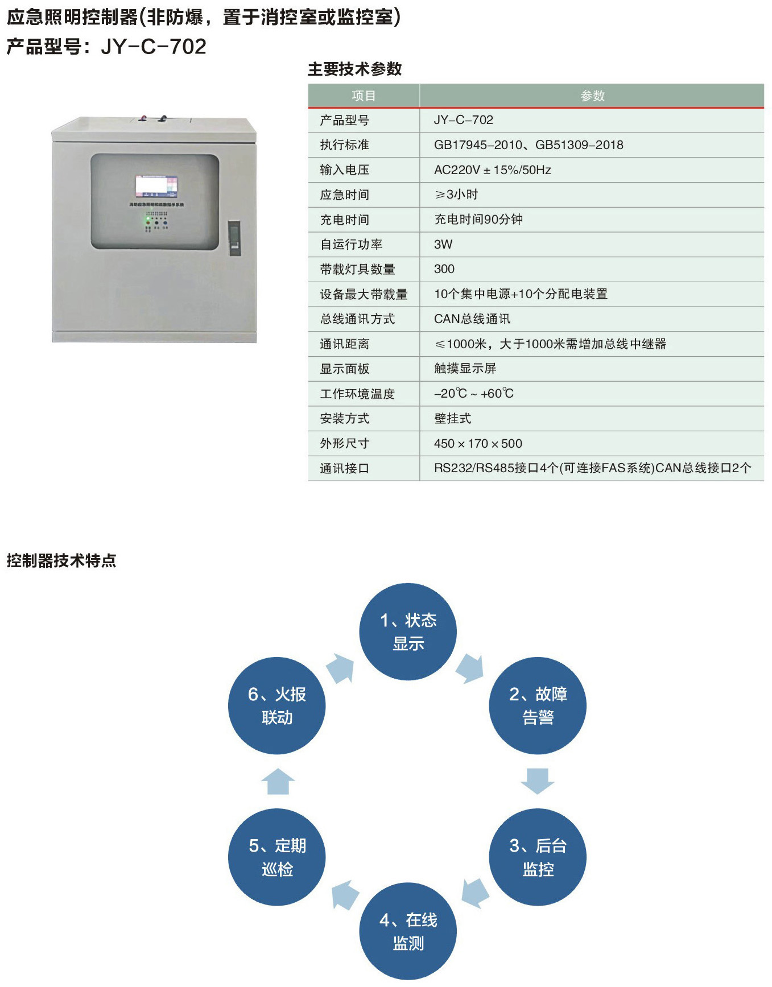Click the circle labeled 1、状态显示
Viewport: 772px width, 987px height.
408,631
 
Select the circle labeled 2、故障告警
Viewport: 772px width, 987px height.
538,705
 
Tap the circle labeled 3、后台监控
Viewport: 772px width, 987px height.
538,857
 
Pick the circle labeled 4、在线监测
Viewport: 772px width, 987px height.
408,931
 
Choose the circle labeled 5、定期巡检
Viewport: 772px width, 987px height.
277,857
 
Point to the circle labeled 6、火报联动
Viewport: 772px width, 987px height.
277,705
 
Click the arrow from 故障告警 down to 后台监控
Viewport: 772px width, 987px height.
538,781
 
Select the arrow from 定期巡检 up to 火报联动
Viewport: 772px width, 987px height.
278,781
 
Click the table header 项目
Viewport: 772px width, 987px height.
364,96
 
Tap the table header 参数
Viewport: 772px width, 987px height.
592,96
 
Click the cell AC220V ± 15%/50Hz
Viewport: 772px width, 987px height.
492,170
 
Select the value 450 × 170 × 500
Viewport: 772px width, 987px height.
478,443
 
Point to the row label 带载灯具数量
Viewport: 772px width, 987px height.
357,269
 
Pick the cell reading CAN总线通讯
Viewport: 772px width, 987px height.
472,319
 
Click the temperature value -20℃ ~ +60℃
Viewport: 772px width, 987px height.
474,393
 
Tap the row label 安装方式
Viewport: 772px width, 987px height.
345,418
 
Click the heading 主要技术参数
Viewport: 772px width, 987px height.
355,69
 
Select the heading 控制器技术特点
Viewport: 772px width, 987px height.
61,560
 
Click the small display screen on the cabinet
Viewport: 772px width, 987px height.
156,186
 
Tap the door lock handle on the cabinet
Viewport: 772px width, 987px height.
234,238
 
